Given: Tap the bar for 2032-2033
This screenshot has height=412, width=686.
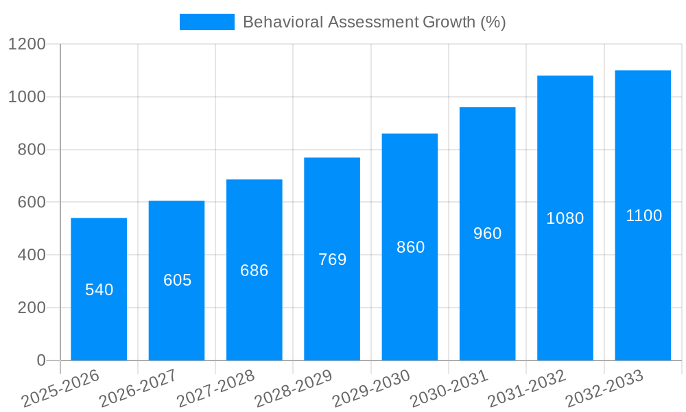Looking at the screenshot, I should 643,288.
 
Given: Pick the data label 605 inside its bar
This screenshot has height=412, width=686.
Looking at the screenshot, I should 177,280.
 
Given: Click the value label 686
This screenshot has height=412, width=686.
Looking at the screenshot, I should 255,271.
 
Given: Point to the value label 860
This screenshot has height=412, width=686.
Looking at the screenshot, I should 410,247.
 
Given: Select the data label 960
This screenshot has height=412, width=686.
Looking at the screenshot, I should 488,233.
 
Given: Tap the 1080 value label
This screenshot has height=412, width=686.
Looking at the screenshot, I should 565,218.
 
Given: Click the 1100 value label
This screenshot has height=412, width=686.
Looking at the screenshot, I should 643,216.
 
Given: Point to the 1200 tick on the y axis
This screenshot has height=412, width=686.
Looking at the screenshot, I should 27,44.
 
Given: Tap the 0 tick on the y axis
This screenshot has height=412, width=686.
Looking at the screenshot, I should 40,360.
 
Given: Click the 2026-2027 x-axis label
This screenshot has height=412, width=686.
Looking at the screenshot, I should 137,388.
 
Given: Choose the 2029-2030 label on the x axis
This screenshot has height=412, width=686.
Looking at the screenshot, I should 371,388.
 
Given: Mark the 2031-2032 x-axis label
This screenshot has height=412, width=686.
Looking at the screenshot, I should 527,388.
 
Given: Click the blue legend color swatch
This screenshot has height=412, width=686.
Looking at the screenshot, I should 206,22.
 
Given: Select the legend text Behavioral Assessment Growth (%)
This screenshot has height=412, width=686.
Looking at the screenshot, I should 374,22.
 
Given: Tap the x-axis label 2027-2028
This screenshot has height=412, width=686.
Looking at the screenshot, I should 215,388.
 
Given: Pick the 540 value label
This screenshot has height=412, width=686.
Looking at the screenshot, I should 99,290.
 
